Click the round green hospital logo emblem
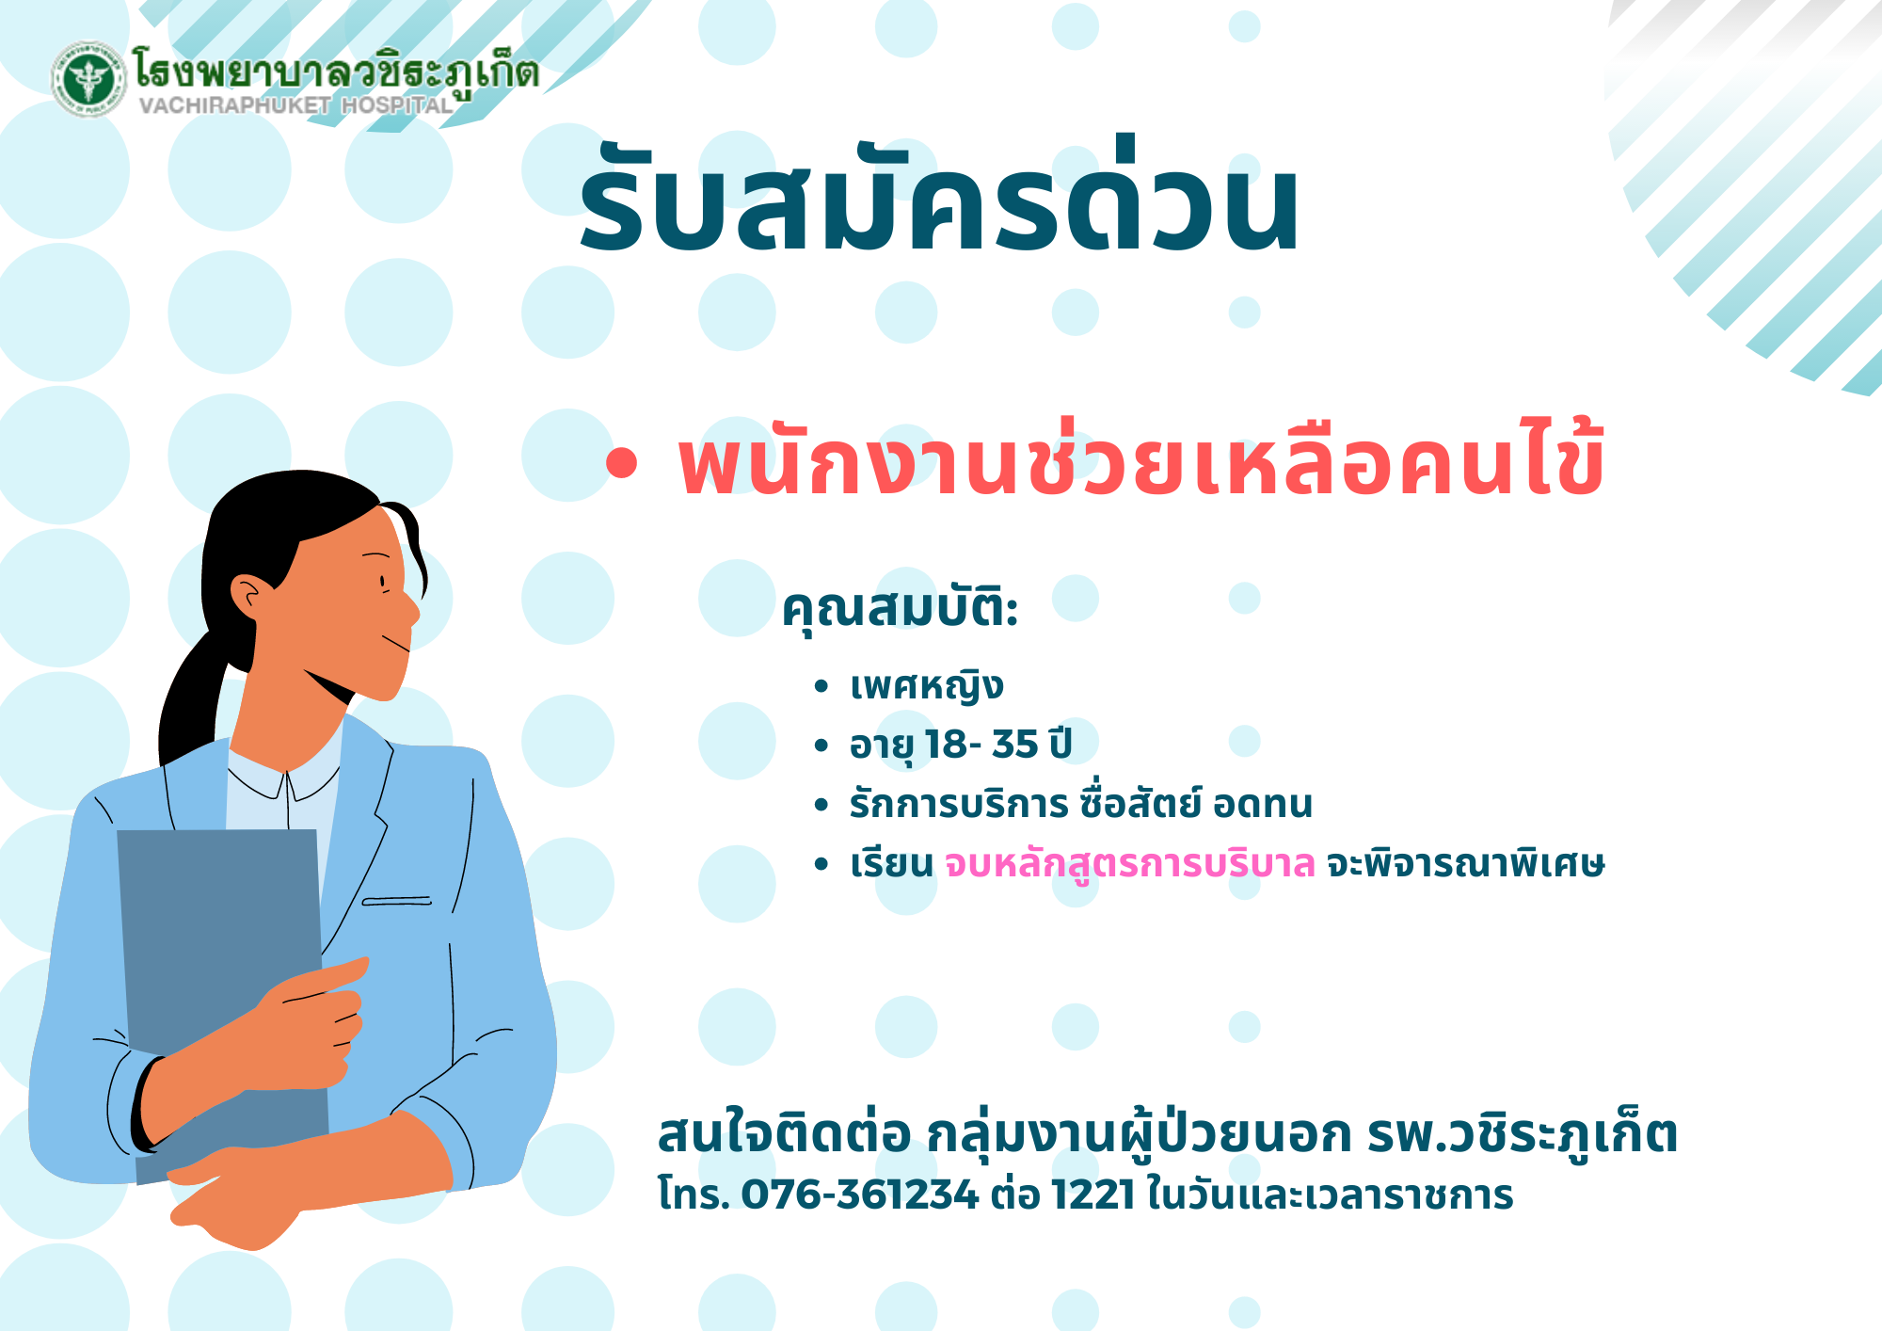click(x=89, y=78)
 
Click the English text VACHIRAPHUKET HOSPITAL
click(x=296, y=105)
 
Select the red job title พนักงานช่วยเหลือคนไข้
click(x=1140, y=458)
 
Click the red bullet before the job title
click(x=622, y=462)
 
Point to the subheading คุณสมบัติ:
click(x=901, y=608)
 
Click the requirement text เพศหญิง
click(x=927, y=685)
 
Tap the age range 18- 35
click(x=981, y=745)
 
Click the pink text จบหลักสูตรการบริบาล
click(x=1130, y=863)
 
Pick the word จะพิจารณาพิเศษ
click(x=1465, y=862)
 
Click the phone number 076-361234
click(x=860, y=1195)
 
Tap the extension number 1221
click(x=1093, y=1195)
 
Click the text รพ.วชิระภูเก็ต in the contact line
click(x=1523, y=1132)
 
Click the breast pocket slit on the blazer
click(x=397, y=901)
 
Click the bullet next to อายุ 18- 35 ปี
click(x=821, y=746)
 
